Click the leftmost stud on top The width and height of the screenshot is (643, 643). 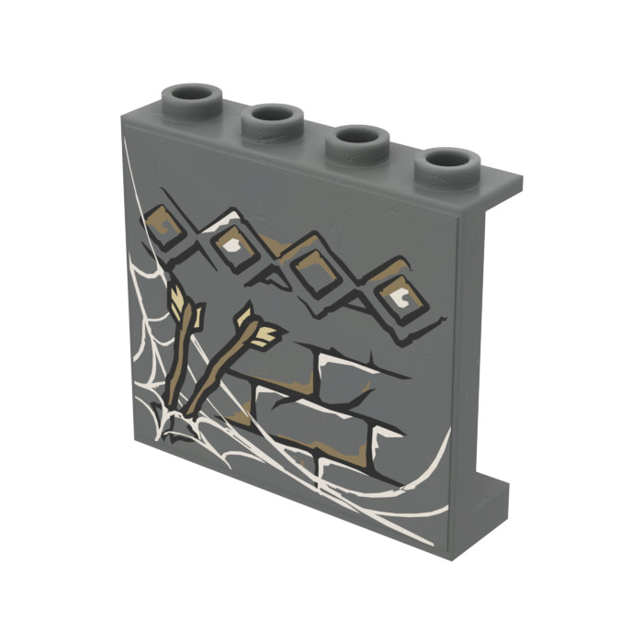coord(194,98)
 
